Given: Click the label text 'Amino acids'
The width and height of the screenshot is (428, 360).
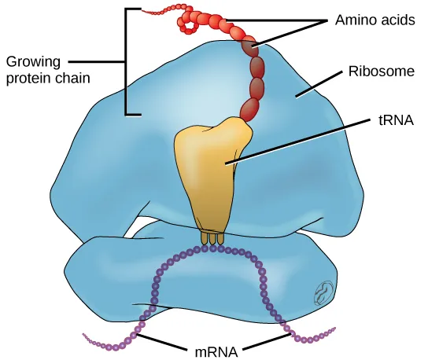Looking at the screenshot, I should pyautogui.click(x=374, y=20).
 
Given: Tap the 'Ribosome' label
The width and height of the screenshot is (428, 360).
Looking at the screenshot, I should pyautogui.click(x=381, y=72).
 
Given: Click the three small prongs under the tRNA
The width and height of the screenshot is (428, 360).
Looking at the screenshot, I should pyautogui.click(x=212, y=237).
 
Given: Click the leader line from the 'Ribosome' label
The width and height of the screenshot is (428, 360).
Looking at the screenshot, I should pyautogui.click(x=319, y=84).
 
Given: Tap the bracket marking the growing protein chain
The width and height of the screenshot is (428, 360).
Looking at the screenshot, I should pyautogui.click(x=125, y=63).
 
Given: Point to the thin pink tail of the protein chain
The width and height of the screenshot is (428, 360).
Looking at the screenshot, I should pyautogui.click(x=157, y=12).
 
